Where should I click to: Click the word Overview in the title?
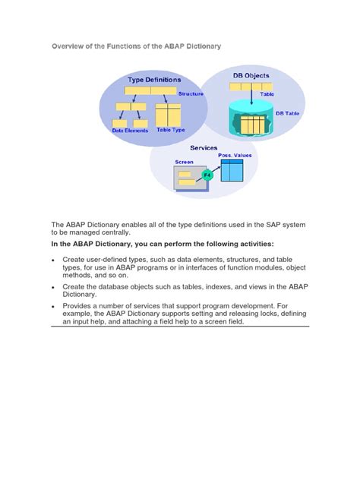tap(68, 46)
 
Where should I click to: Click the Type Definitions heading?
tap(154, 79)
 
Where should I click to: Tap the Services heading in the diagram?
tap(204, 147)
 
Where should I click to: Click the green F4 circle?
tap(207, 175)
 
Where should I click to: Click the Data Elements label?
tap(130, 131)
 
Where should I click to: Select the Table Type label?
tap(171, 131)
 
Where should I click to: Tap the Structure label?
tap(191, 93)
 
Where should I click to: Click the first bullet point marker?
tap(53, 260)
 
